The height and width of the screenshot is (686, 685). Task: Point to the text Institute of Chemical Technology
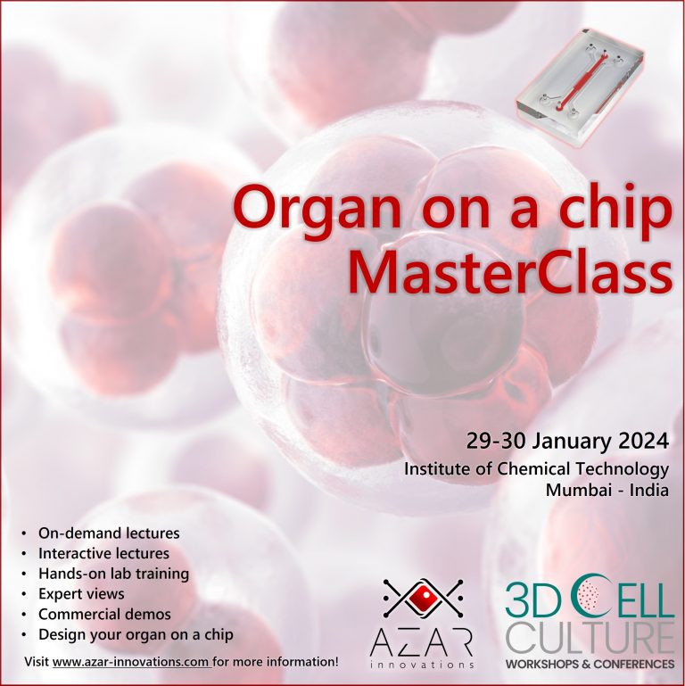coord(536,469)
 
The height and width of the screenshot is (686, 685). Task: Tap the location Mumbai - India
coord(608,490)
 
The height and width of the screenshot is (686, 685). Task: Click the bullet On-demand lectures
coord(109,533)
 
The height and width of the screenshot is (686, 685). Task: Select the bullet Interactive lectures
coord(103,554)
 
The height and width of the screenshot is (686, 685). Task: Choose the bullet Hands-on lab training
coord(113,574)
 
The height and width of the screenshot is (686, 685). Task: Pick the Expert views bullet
coord(81,594)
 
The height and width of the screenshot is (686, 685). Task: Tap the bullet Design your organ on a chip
coord(136,635)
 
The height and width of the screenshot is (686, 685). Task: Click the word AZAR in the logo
coord(422,641)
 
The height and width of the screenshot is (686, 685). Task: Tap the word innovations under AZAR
coord(422,665)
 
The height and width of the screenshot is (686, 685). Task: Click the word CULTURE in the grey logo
coord(590,640)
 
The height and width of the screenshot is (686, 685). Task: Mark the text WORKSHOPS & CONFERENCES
coord(590,665)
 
